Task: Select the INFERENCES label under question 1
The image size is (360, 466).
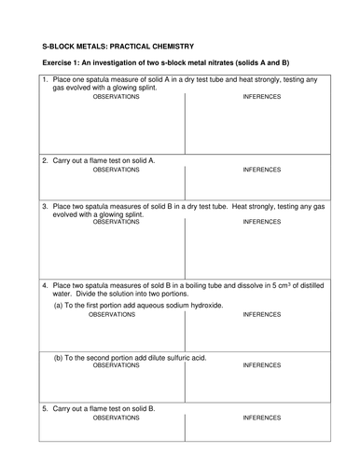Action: (x=261, y=96)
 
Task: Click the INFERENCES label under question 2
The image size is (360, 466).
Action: (x=261, y=171)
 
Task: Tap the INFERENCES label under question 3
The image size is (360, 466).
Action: (x=261, y=222)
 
